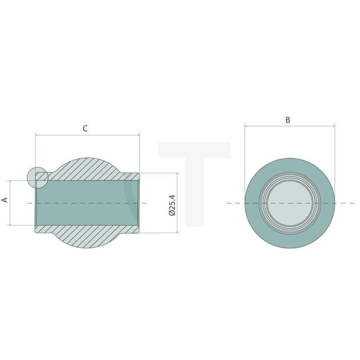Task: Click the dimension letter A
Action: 5,200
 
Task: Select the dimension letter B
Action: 287,120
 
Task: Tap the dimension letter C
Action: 85,128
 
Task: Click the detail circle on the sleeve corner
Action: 37,177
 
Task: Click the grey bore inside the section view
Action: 86,203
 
